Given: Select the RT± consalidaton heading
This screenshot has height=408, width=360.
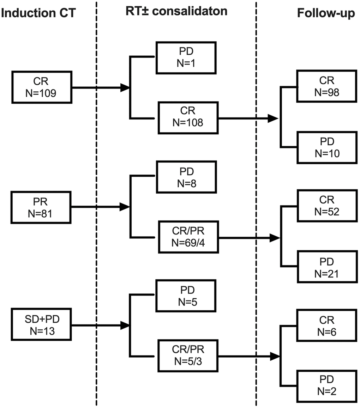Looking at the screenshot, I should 176,11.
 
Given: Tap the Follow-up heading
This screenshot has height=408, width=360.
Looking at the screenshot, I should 326,13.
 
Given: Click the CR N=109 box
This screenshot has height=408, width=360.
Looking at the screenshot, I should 42,87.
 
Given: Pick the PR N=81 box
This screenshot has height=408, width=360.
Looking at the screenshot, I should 42,207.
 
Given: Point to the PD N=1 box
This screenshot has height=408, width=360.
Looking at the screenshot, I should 186,57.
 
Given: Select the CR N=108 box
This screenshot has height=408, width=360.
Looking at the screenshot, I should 188,118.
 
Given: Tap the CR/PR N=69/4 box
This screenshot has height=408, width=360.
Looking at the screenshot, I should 188,237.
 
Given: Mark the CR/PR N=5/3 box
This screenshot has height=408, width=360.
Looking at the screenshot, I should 188,355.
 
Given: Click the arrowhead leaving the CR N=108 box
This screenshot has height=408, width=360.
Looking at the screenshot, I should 273,118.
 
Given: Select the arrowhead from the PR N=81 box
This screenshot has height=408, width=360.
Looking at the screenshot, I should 125,207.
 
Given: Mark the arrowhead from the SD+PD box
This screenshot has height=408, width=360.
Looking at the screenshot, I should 125,325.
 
